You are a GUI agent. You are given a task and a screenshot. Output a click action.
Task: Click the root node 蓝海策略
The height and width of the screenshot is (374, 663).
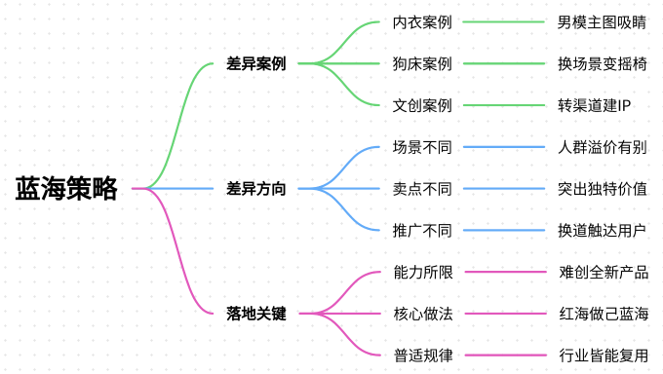66,188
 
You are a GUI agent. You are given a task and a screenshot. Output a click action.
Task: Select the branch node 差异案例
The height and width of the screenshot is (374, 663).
256,63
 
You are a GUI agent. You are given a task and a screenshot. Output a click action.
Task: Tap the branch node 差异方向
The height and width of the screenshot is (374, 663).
256,188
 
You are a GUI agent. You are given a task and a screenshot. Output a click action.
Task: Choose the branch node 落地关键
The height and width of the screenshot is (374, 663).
256,314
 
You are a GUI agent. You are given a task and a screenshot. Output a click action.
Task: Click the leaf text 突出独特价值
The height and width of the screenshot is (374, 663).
603,188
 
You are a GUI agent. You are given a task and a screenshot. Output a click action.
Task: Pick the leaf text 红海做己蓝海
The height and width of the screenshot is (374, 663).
603,314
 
